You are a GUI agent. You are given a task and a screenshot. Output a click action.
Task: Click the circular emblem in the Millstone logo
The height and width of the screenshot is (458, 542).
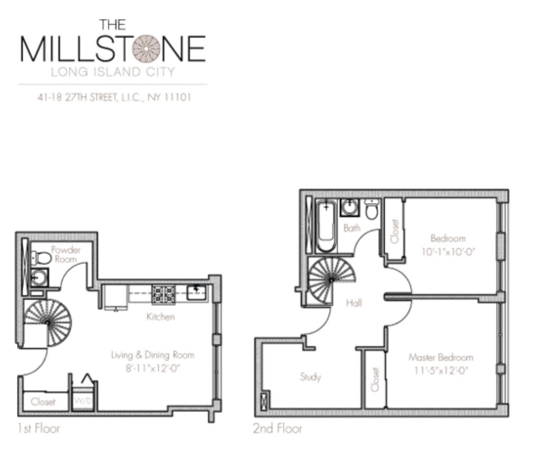[146, 49]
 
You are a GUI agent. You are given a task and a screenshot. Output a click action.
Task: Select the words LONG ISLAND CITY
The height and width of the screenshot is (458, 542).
[113, 71]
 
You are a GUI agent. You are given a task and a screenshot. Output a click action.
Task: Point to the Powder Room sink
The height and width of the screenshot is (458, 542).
[38, 277]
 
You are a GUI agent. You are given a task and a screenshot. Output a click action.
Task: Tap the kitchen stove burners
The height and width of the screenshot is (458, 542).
[164, 294]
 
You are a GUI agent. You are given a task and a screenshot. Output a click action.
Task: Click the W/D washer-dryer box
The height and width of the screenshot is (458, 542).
[83, 400]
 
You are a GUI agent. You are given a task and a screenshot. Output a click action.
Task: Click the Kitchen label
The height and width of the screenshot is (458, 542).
[160, 317]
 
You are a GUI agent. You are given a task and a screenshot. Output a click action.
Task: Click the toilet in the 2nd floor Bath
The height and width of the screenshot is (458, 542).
[372, 210]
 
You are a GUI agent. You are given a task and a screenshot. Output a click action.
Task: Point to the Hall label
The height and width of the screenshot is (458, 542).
[354, 303]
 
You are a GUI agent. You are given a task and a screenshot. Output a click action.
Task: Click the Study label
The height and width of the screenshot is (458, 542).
[310, 377]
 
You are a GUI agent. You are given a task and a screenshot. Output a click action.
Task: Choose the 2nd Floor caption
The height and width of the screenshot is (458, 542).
[277, 428]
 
